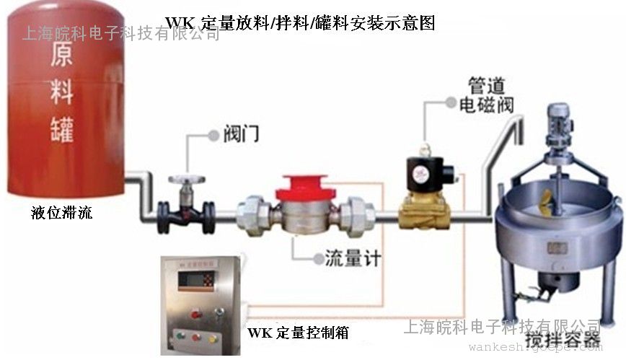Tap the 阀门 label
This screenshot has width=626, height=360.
pos(242,133)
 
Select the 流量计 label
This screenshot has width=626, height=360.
pos(352,258)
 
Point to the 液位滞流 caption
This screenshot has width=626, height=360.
pos(61,213)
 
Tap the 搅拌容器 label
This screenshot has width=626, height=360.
pos(572,339)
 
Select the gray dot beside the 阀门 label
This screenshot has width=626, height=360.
pos(213,135)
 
